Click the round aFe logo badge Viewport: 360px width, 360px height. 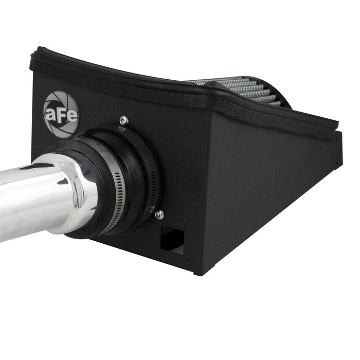61,115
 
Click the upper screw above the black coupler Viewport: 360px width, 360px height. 124,120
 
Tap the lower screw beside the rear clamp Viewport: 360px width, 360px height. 159,214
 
